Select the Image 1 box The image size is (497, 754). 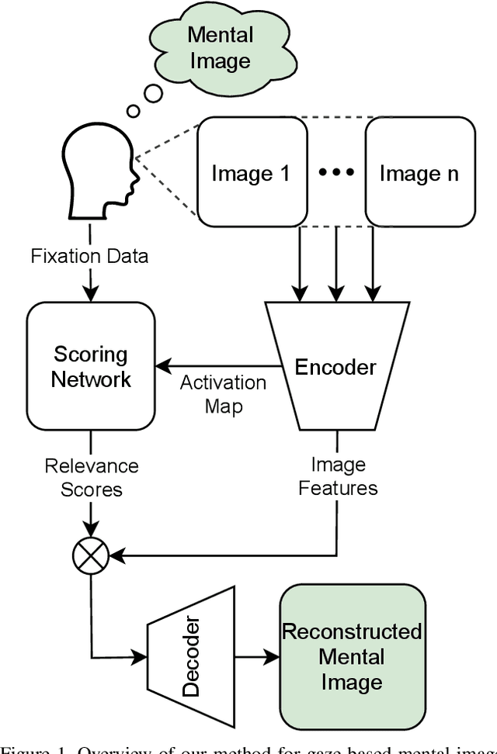tap(251, 173)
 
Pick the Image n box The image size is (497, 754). tap(419, 173)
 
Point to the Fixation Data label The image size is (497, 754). tap(89, 257)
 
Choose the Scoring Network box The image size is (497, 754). tap(91, 366)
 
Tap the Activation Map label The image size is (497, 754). tap(223, 394)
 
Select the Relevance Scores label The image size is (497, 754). tap(91, 477)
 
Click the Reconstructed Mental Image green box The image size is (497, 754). tap(353, 656)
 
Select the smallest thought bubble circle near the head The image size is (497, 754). tap(133, 112)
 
